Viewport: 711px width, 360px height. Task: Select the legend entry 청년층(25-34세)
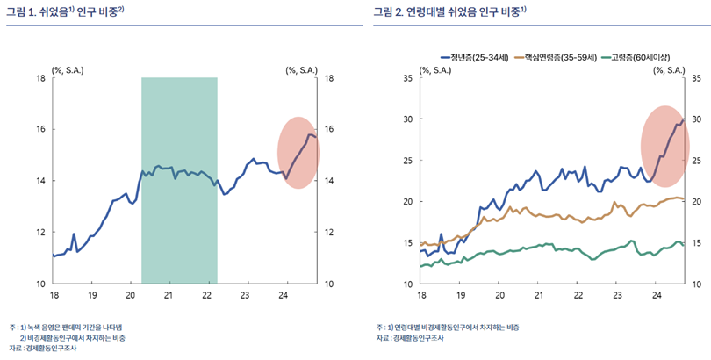(x=480, y=57)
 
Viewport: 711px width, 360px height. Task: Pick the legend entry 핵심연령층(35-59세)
(x=560, y=57)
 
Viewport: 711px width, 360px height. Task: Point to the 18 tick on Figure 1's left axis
(x=40, y=78)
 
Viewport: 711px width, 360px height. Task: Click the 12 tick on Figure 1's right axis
(x=330, y=233)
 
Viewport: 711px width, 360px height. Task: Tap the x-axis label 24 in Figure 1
(x=284, y=296)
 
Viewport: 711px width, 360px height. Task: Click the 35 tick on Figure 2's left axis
(x=406, y=78)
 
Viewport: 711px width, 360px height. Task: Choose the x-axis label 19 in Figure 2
(x=460, y=296)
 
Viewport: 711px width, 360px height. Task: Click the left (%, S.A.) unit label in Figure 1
(x=68, y=68)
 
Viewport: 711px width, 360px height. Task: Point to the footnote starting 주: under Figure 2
(x=447, y=327)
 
